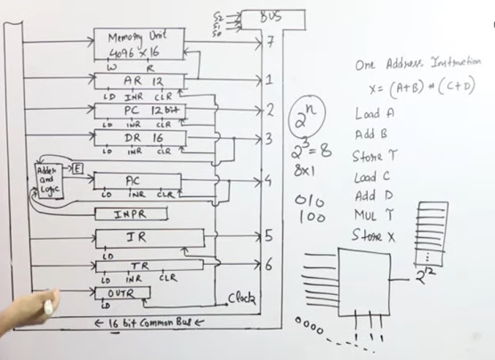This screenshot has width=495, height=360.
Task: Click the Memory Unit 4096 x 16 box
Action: coord(139,45)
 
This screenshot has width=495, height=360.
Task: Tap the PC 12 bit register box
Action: coord(139,110)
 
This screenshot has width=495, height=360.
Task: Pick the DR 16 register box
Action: coord(139,138)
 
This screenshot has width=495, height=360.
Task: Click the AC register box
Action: coord(139,181)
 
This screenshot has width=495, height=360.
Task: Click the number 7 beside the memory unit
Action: coord(269,43)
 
